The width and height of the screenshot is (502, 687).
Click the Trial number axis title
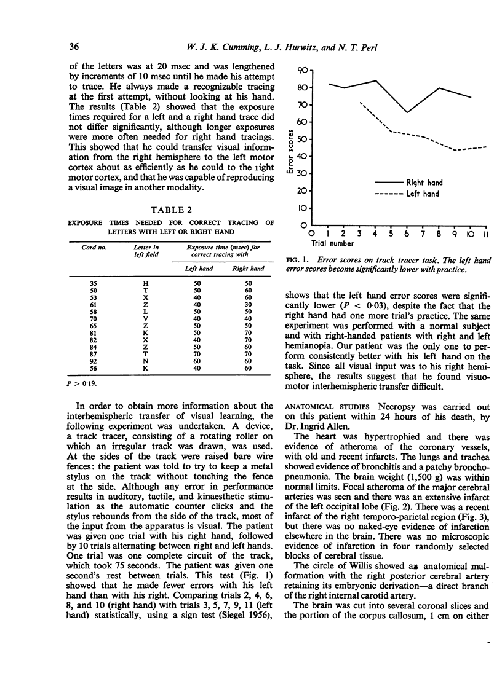(x=327, y=244)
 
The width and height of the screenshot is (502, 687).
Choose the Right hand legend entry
(x=424, y=183)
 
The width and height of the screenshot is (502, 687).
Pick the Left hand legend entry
(x=422, y=194)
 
